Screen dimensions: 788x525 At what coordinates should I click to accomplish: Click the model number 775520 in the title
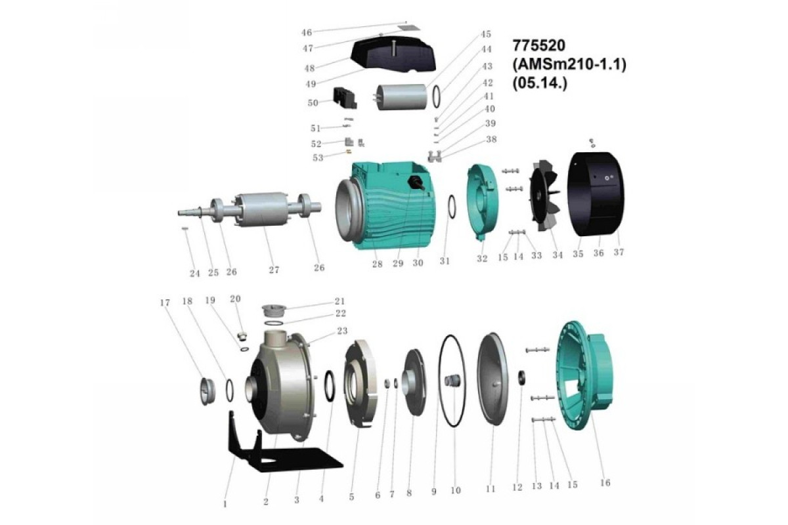click(x=539, y=46)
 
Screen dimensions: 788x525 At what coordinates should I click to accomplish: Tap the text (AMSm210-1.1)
click(x=569, y=65)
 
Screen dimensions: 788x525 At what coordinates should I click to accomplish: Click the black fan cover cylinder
click(x=596, y=194)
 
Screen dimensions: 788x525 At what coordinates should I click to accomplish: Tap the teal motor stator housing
click(x=385, y=205)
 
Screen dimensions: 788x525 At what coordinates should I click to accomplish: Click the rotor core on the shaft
click(x=259, y=209)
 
